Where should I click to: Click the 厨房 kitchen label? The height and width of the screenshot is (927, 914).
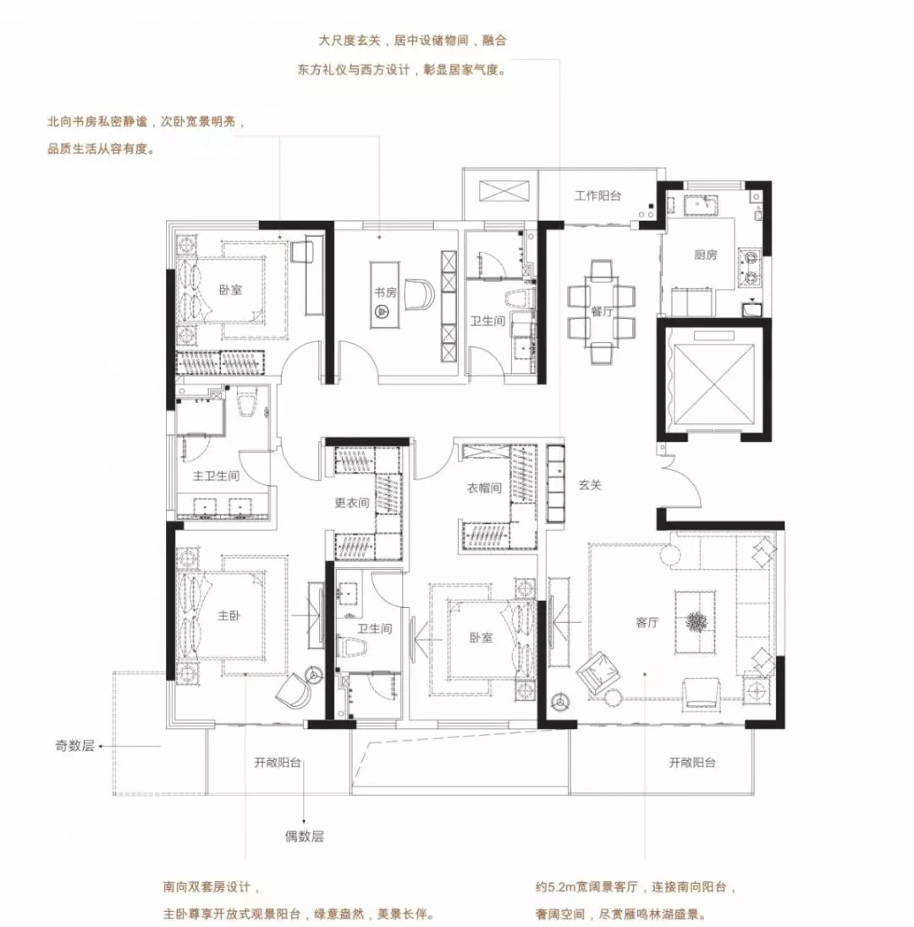click(x=706, y=256)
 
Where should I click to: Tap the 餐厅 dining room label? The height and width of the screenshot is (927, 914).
click(x=602, y=312)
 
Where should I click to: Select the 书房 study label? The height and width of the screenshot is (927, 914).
click(x=384, y=293)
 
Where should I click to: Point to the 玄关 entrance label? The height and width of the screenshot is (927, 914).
click(x=590, y=485)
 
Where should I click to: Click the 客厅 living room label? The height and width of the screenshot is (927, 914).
click(x=647, y=622)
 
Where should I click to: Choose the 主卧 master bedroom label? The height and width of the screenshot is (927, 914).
click(x=228, y=615)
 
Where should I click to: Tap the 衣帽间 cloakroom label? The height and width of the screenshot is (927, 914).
click(x=484, y=488)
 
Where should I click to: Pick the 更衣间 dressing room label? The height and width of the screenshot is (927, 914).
click(x=351, y=503)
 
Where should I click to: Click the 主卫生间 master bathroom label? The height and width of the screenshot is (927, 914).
click(x=217, y=476)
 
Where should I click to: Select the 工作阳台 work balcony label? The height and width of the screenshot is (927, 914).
click(x=598, y=196)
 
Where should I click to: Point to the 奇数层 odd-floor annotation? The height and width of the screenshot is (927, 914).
click(x=75, y=746)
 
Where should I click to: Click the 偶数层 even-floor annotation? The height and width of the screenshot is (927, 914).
click(x=305, y=836)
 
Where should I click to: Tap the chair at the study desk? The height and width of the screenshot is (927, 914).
click(x=420, y=294)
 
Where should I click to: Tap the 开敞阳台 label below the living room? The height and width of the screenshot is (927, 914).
click(x=692, y=763)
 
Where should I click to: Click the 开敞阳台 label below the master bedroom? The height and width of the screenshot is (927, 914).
click(x=278, y=763)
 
